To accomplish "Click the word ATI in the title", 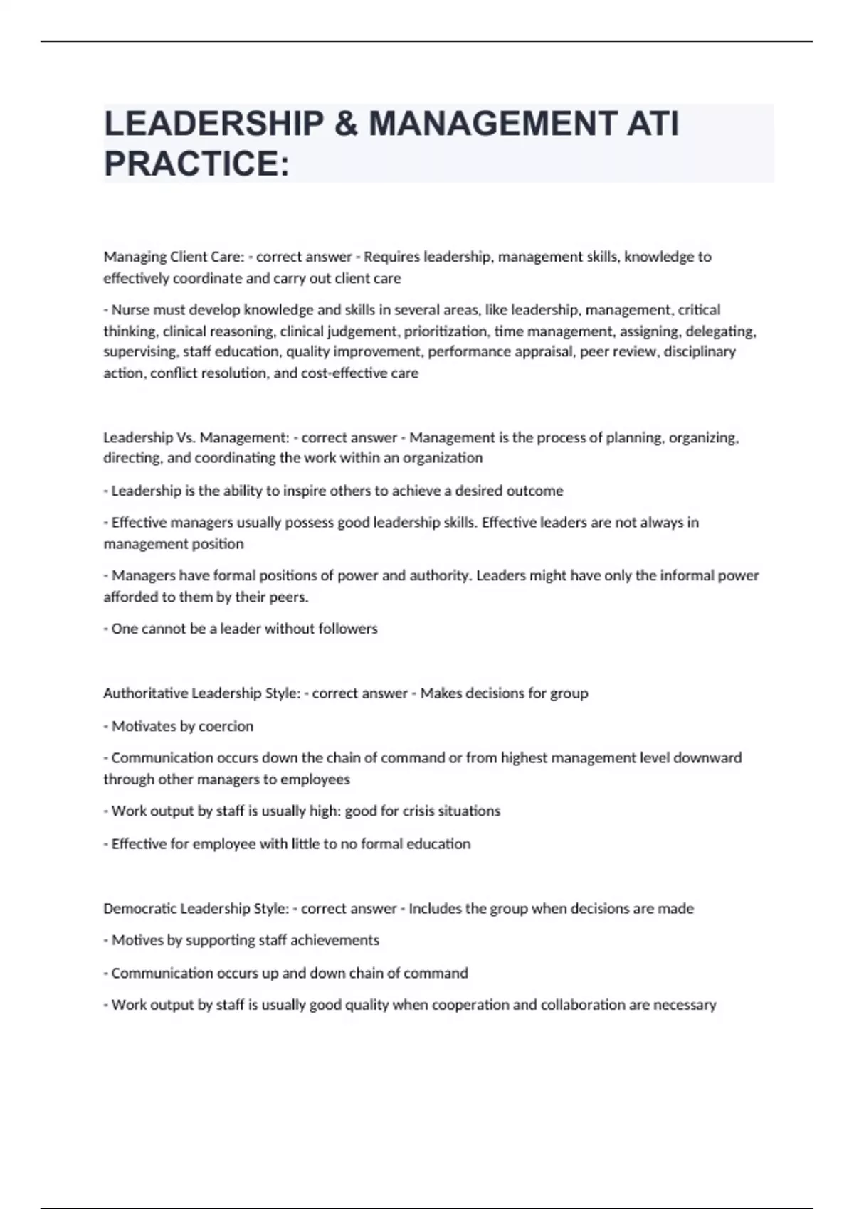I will (x=652, y=124).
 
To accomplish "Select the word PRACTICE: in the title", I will (x=196, y=164).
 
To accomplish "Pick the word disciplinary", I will (x=700, y=351).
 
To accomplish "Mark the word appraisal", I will (x=545, y=351).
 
